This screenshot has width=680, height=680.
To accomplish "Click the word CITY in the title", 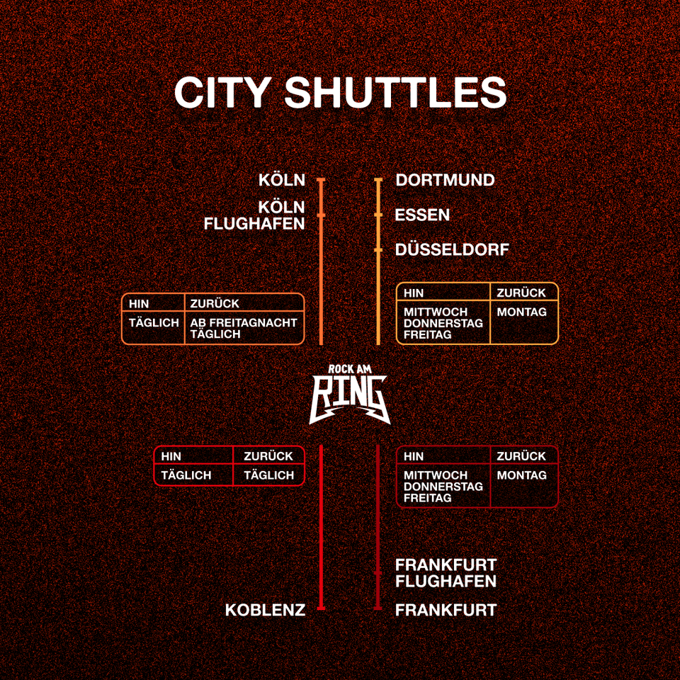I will (222, 92).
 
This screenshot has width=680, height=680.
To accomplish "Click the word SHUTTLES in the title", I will (396, 92).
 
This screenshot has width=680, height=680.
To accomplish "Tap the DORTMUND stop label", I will (445, 180).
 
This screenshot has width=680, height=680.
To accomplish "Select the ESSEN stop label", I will (422, 215).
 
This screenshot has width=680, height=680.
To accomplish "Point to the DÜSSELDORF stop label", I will (452, 250).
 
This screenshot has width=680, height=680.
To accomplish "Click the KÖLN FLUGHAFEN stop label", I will (254, 215).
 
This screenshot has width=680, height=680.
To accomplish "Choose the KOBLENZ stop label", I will (265, 610).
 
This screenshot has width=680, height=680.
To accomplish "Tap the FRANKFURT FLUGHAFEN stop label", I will (446, 573).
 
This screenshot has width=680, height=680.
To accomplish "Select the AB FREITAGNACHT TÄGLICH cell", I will (244, 328).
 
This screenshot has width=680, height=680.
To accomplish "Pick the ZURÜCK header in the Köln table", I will (215, 304).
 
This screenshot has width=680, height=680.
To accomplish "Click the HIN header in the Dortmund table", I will (414, 293).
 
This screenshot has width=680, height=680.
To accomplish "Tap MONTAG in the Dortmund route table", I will (522, 312).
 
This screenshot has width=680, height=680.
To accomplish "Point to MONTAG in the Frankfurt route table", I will (522, 475).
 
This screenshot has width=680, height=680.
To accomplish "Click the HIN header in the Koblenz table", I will (171, 456).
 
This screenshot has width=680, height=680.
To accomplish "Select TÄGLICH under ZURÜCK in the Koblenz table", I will (268, 475).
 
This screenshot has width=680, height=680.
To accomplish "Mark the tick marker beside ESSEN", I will (378, 215).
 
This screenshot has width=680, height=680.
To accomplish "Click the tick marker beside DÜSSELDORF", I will (378, 250).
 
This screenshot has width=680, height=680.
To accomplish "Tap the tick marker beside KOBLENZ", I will (321, 608).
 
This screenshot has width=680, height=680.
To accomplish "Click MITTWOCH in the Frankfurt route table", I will (436, 475).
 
